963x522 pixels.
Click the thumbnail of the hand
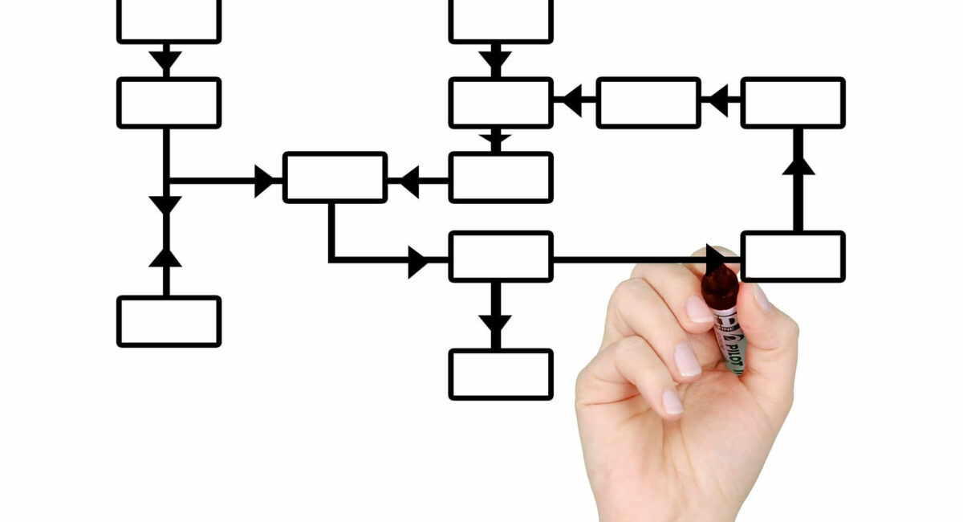click(x=761, y=298)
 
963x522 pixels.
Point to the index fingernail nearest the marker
click(x=698, y=309)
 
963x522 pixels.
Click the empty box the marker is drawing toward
click(x=793, y=257)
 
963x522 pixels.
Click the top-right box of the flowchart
click(x=793, y=103)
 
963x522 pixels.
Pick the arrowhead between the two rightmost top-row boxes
click(x=718, y=101)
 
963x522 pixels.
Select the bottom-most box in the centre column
click(x=501, y=374)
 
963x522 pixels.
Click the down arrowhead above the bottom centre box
click(x=495, y=324)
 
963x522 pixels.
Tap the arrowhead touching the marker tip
click(x=714, y=259)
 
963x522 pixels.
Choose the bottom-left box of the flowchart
click(x=169, y=321)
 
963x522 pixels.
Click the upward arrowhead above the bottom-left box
click(x=165, y=257)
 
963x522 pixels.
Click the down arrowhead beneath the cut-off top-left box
click(x=165, y=59)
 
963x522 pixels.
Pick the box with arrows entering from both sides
click(x=335, y=177)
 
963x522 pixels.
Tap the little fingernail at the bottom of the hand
click(x=672, y=402)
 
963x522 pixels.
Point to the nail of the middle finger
click(x=686, y=360)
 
